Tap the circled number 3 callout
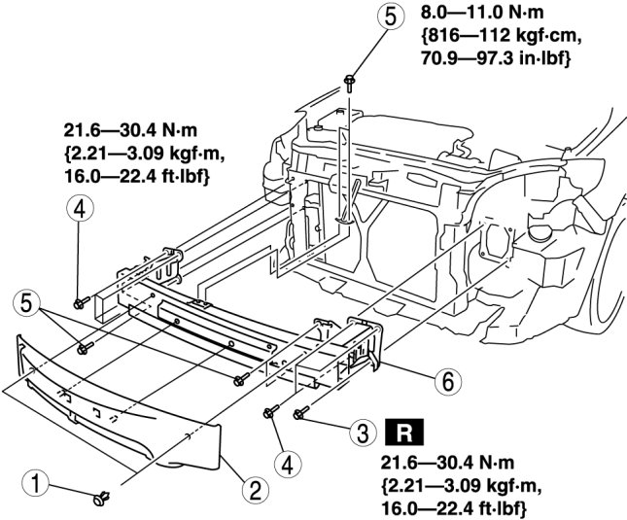point(362,428)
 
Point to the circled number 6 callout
point(446,381)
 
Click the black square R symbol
point(401,428)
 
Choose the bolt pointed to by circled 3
point(302,415)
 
